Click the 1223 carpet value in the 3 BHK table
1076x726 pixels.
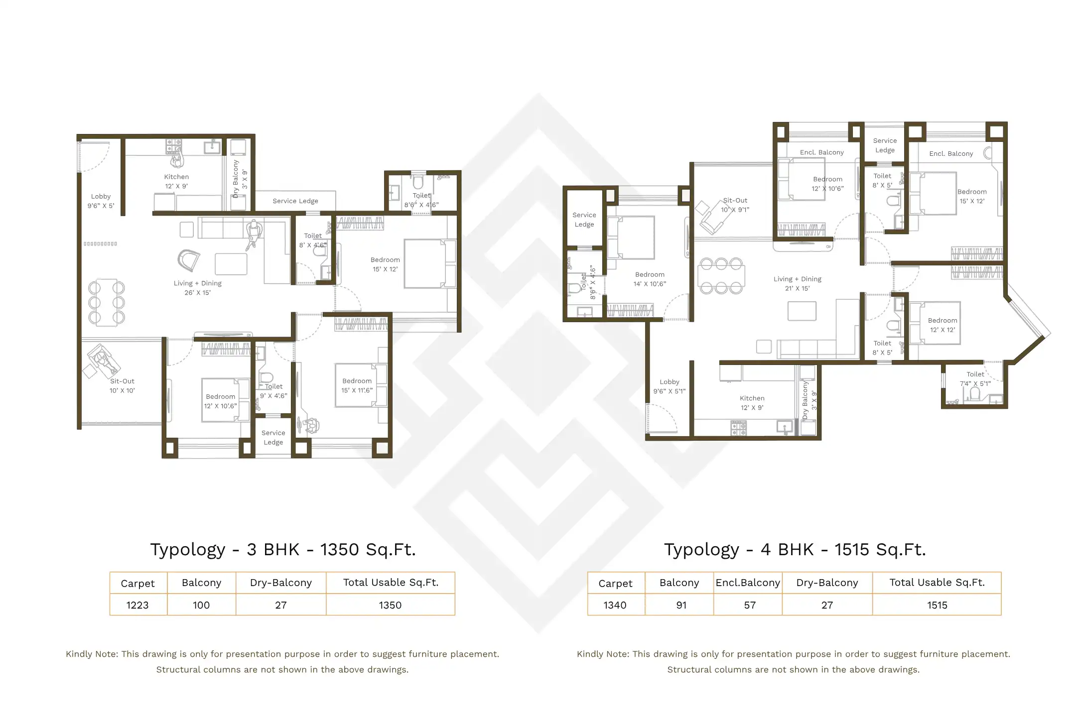pos(137,605)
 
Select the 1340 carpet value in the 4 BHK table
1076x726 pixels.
pos(615,605)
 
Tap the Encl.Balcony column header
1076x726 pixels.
pos(748,583)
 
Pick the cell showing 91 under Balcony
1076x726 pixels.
pos(681,605)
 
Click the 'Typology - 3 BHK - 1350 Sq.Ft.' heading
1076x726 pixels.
pos(282,549)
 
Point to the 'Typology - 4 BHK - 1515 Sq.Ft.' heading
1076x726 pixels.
pos(795,549)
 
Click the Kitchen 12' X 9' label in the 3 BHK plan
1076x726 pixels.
pos(176,181)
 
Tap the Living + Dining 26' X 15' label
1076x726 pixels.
pos(197,288)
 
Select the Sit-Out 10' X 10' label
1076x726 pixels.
pos(122,385)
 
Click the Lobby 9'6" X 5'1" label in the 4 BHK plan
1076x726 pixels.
pos(669,386)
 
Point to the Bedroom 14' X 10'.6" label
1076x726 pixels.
pos(650,279)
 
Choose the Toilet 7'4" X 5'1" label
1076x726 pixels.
pos(975,378)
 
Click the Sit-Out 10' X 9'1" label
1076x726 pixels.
pos(735,205)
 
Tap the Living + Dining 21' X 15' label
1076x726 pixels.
pos(797,283)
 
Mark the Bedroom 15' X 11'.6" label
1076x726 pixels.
pos(357,385)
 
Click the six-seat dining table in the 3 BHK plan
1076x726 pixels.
pos(106,302)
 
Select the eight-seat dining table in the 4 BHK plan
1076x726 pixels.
pos(721,275)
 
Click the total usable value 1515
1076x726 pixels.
pos(937,605)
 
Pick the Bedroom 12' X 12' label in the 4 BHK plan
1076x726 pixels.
pos(942,325)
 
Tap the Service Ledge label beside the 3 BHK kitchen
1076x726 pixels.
pos(295,201)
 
